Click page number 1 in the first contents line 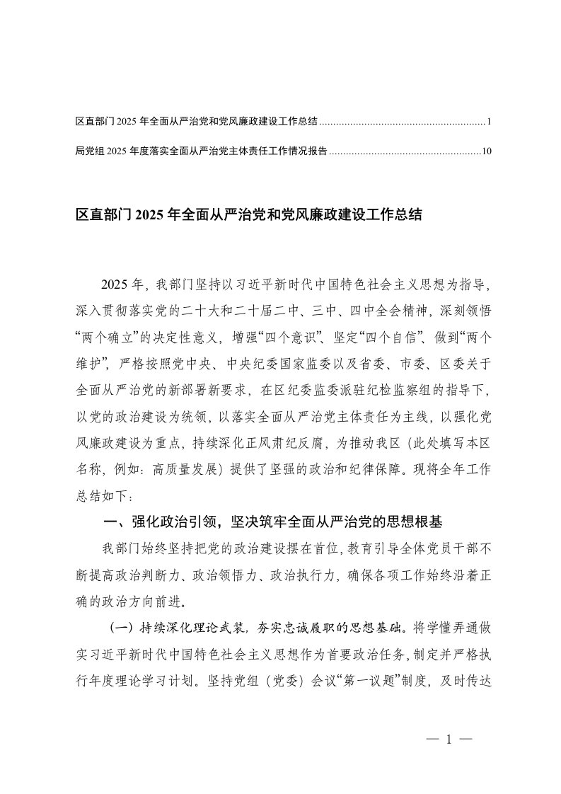[489, 122]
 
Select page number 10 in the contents [486, 151]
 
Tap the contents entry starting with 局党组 [201, 151]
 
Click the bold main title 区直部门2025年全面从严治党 [248, 214]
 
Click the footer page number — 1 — [449, 740]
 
